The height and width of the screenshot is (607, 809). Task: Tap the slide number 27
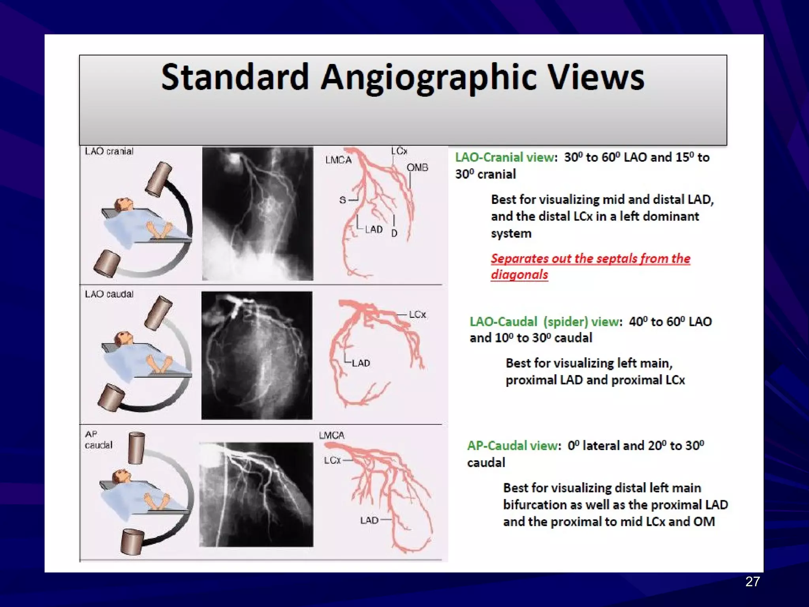click(752, 581)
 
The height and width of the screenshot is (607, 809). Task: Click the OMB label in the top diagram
click(417, 168)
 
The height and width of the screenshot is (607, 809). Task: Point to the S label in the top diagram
click(342, 200)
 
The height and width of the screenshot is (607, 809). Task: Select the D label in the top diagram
click(394, 233)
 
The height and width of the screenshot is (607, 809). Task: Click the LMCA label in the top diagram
click(338, 160)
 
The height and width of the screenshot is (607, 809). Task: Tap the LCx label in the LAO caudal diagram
click(417, 314)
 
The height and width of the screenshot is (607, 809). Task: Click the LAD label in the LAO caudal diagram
click(361, 363)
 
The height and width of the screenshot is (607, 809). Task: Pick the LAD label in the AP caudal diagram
click(369, 520)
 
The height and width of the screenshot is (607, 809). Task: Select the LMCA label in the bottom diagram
click(331, 435)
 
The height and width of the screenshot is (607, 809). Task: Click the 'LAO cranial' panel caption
click(109, 151)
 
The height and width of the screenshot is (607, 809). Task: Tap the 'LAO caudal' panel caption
click(109, 294)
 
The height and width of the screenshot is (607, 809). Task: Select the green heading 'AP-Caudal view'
click(513, 446)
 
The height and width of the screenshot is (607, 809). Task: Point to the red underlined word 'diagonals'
click(519, 274)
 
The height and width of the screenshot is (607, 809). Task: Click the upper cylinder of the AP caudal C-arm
click(136, 448)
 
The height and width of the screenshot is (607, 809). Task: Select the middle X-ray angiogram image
click(257, 355)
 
